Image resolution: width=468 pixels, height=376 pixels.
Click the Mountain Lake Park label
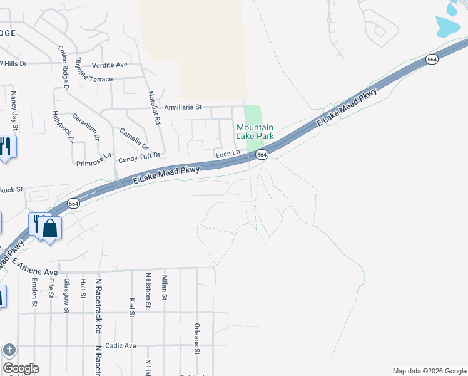click(x=255, y=132)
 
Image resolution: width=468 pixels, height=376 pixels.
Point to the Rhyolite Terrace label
click(x=93, y=80)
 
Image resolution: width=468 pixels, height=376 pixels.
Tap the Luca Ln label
click(x=228, y=154)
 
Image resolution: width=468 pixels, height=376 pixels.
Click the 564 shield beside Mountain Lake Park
click(x=262, y=155)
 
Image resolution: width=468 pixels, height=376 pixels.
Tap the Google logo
click(x=21, y=368)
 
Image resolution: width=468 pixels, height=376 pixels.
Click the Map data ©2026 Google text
click(x=429, y=371)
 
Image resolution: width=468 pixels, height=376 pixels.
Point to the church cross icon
click(x=9, y=350)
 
